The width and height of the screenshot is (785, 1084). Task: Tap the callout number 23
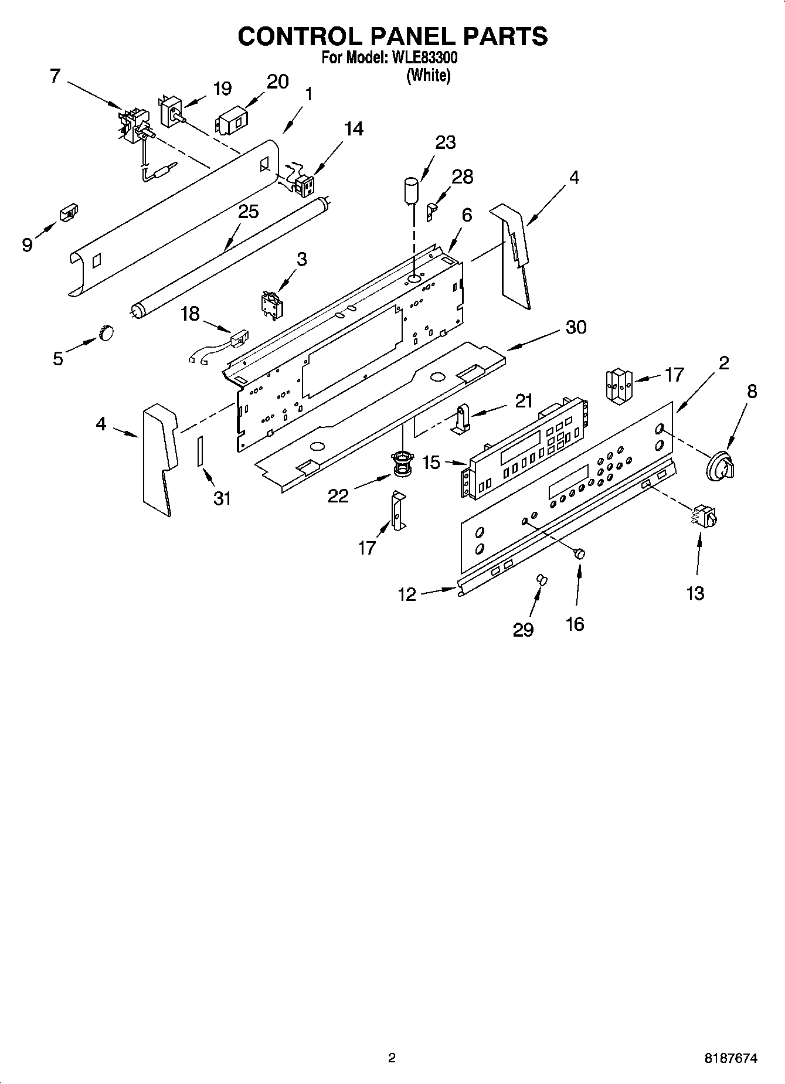coord(446,142)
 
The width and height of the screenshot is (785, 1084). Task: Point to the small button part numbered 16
coord(580,553)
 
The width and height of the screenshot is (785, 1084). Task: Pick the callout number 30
coord(576,327)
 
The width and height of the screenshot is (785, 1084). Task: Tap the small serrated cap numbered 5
coord(106,333)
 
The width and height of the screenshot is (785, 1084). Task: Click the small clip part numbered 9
coord(69,213)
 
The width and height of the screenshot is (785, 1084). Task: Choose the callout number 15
coord(431,463)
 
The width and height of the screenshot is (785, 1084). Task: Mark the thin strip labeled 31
coord(200,450)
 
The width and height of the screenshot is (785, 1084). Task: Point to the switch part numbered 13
coord(706,516)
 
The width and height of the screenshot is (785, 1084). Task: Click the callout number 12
coord(406,594)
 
